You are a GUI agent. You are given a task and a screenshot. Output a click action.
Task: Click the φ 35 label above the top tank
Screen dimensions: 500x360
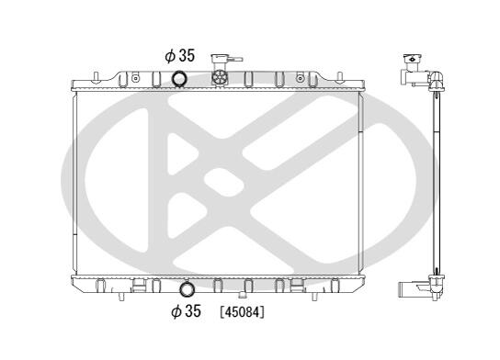[x=179, y=56]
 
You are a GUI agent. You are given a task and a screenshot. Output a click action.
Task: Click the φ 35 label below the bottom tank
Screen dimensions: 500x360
[x=186, y=311]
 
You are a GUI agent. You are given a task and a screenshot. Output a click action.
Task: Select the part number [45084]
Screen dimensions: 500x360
[x=243, y=312]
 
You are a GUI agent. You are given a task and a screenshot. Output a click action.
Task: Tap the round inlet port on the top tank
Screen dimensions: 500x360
[x=179, y=79]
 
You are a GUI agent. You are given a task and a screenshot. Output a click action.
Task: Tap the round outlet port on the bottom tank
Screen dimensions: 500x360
[x=187, y=289]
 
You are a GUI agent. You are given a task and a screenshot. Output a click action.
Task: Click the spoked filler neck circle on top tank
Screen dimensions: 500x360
[x=220, y=77]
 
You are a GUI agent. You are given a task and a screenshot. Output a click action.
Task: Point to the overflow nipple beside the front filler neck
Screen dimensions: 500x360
[x=236, y=59]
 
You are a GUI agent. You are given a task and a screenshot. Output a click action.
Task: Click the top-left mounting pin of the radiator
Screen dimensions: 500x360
[x=96, y=77]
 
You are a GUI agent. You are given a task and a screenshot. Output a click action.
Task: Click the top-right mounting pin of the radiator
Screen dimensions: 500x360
[x=340, y=77]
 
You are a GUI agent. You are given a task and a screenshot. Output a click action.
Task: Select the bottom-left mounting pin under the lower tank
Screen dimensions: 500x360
[x=121, y=297]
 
